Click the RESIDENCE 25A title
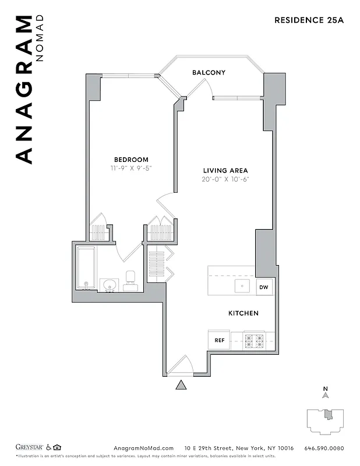(309, 20)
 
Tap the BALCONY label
(209, 72)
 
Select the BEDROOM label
(131, 159)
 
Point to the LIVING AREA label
(225, 170)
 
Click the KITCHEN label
(243, 313)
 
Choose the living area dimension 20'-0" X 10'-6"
(225, 179)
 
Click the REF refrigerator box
(219, 340)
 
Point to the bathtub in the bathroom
(86, 268)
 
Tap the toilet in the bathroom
(130, 280)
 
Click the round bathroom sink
(109, 285)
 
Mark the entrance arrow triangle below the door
(181, 384)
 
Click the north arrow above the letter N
(326, 395)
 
